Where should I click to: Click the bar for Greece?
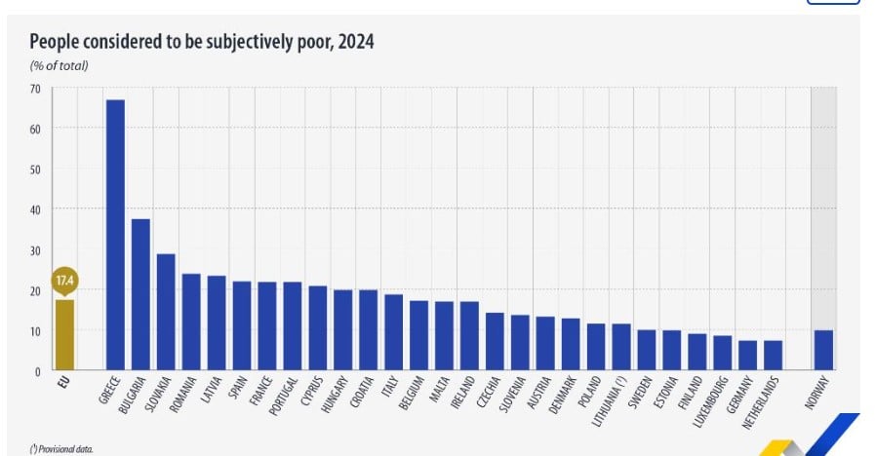pos(115,234)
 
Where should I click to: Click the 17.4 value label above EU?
pos(64,281)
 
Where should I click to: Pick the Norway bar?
pos(824,350)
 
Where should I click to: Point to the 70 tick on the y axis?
pos(35,88)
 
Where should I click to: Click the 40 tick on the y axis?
pos(35,209)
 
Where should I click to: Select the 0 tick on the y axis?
pos(37,371)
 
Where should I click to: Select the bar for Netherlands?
pos(774,356)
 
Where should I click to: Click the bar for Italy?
pos(393,332)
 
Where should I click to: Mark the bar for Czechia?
pos(495,341)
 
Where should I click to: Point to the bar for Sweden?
pos(647,350)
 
